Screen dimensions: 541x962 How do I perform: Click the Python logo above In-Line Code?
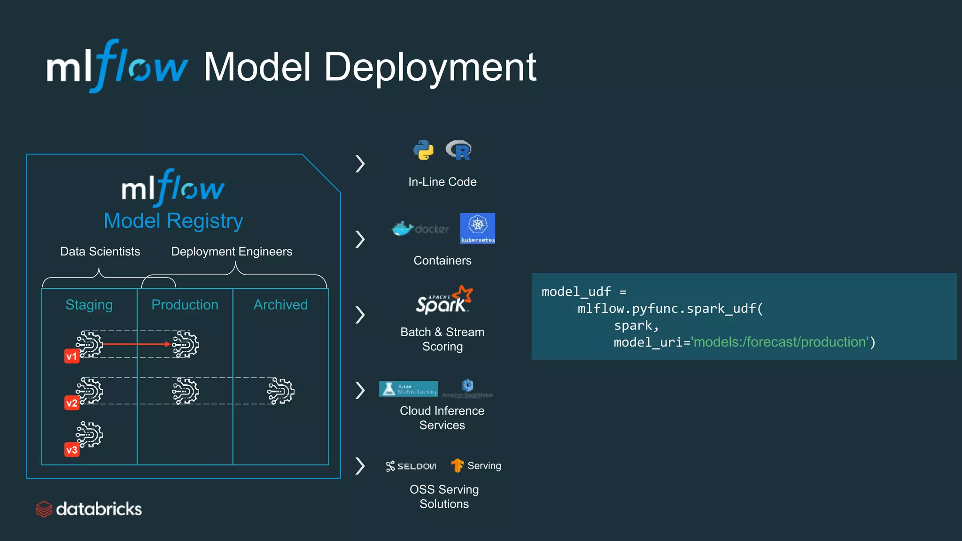[x=423, y=150]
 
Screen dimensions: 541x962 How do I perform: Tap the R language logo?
[x=459, y=150]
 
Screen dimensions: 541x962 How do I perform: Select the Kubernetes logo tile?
[x=477, y=228]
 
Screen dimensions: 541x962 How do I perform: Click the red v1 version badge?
[x=71, y=356]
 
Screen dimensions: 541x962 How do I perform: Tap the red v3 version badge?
[x=71, y=450]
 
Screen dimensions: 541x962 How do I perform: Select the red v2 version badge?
[x=71, y=403]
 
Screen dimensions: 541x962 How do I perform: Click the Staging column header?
[x=89, y=305]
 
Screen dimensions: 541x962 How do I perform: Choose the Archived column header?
[x=280, y=305]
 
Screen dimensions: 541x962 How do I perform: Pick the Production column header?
[x=185, y=305]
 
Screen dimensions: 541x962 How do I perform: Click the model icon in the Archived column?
[x=281, y=391]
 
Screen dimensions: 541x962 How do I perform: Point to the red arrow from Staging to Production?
[x=136, y=344]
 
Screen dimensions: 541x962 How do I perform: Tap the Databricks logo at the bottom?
[x=89, y=509]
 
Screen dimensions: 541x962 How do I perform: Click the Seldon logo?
[x=411, y=466]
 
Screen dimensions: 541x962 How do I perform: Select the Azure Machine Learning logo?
[x=408, y=389]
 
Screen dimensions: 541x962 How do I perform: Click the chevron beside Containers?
[x=360, y=239]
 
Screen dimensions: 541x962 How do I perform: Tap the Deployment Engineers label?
[x=232, y=252]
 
